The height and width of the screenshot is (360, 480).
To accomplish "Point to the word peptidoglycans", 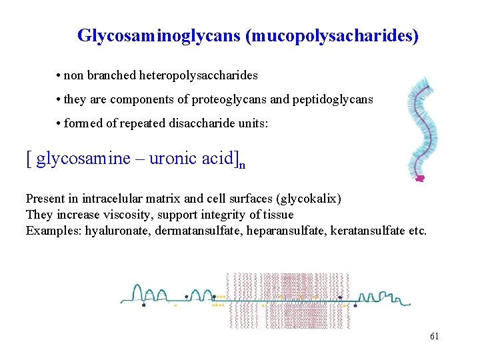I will (332, 99).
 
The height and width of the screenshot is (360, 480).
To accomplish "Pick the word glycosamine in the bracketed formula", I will (83, 159).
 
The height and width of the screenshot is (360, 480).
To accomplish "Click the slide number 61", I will (434, 336).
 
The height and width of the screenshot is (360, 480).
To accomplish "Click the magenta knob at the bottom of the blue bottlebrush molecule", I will (420, 179).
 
